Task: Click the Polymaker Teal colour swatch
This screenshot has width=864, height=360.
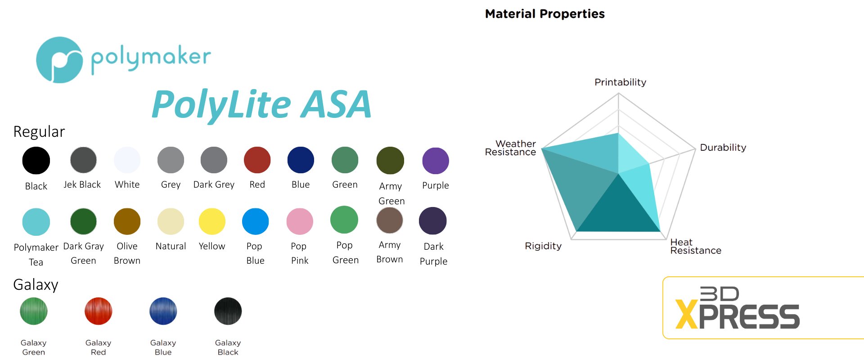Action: [x=36, y=222]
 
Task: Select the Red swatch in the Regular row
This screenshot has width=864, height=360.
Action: [x=257, y=160]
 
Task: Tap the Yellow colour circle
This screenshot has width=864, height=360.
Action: [x=212, y=221]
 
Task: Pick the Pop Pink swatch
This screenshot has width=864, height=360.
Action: [x=300, y=221]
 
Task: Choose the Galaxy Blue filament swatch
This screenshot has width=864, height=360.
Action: [x=163, y=311]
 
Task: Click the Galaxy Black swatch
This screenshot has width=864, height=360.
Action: [x=228, y=311]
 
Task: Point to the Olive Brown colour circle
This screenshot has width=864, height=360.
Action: [x=127, y=221]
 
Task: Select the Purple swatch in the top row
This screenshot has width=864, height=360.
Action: [x=436, y=161]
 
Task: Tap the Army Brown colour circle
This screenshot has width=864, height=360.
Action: [x=390, y=220]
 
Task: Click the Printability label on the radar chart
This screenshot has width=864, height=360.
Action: [x=620, y=82]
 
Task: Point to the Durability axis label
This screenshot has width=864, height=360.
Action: [x=723, y=147]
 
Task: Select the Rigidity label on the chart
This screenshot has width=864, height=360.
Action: [x=543, y=246]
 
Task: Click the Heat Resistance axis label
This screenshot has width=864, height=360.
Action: [x=696, y=246]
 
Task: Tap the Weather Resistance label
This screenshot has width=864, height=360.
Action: [x=510, y=148]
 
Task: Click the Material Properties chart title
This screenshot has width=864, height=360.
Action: [x=545, y=14]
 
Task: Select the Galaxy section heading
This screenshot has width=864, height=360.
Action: [x=36, y=285]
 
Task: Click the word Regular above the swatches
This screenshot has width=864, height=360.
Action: [x=39, y=131]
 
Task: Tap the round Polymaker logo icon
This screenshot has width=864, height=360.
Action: [x=59, y=60]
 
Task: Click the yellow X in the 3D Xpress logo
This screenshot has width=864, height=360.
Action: [x=687, y=315]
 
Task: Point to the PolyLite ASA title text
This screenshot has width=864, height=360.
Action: [x=261, y=104]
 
